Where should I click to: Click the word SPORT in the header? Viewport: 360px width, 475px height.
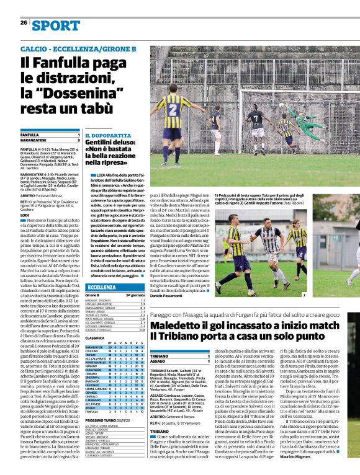56,25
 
